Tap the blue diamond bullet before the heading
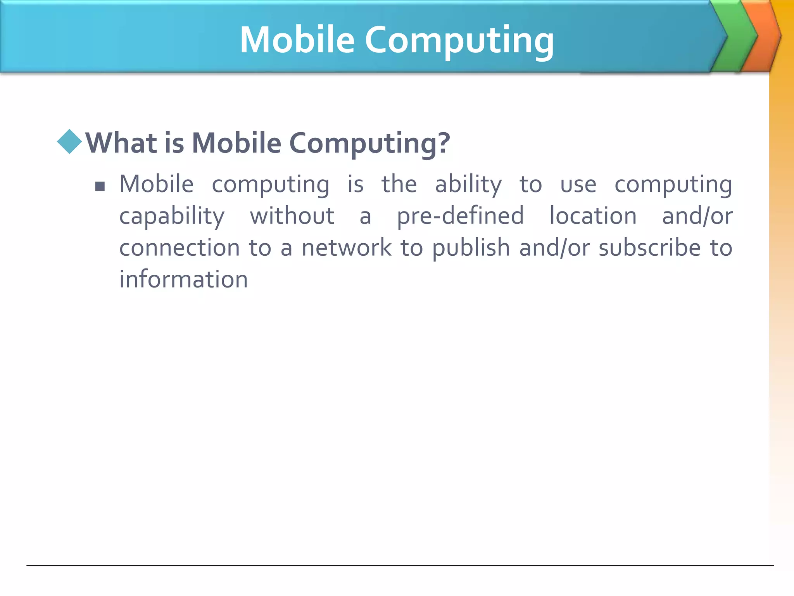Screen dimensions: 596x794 click(x=69, y=142)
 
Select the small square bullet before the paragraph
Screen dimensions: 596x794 click(x=100, y=187)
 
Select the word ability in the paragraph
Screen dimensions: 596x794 click(x=468, y=184)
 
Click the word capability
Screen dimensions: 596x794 click(x=172, y=216)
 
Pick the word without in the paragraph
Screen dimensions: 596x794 click(x=292, y=216)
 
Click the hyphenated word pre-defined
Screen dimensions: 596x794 click(x=460, y=216)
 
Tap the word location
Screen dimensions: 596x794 click(x=593, y=216)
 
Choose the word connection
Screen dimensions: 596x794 click(x=180, y=248)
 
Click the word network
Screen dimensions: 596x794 click(x=347, y=248)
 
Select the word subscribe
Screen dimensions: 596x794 click(x=649, y=248)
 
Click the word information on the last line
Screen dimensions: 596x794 click(x=183, y=279)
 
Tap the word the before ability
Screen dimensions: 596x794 click(x=399, y=184)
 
